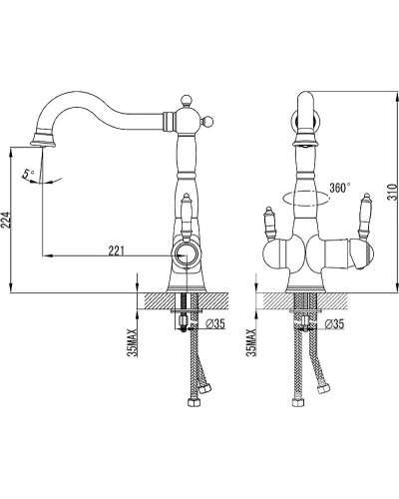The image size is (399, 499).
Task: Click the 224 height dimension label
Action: click(x=7, y=220)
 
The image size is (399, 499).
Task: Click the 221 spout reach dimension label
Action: click(x=116, y=250)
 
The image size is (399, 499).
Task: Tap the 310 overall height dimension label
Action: click(x=393, y=192)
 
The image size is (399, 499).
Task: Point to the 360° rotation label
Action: click(x=340, y=188)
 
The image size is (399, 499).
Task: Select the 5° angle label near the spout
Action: click(x=29, y=175)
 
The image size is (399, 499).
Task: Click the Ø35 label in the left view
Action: click(x=215, y=323)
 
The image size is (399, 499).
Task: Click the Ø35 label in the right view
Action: click(x=334, y=323)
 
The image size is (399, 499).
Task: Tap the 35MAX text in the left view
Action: click(x=133, y=342)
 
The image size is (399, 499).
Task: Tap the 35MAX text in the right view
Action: click(x=251, y=342)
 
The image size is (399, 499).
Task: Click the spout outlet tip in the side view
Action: click(x=43, y=144)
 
